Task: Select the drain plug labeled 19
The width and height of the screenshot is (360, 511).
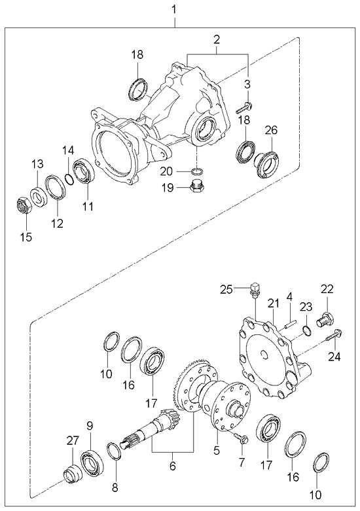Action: (x=194, y=189)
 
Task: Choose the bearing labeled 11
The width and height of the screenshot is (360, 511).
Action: (x=86, y=172)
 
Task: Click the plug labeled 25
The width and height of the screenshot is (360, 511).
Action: (x=256, y=288)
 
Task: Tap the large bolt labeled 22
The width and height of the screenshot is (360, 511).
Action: (x=325, y=321)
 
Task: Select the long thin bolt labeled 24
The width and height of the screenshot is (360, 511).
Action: (x=331, y=338)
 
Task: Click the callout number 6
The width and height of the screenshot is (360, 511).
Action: (x=172, y=467)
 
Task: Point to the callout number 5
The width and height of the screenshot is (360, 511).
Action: (x=217, y=451)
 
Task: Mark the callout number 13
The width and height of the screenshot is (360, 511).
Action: (x=38, y=163)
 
